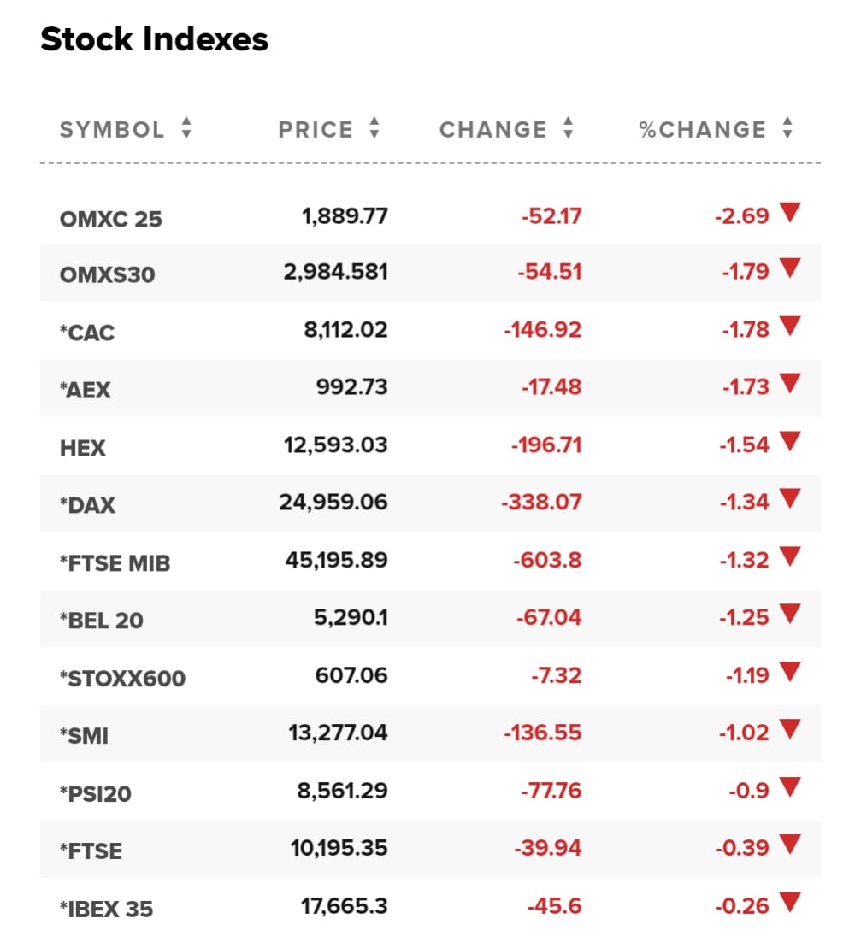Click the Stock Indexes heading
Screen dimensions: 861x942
coord(155,40)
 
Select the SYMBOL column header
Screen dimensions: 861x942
coord(112,130)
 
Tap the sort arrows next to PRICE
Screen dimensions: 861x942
coord(374,128)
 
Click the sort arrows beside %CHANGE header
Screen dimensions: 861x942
coord(787,128)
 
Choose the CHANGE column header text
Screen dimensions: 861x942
coord(493,130)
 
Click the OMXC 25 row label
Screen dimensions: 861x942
coord(111,220)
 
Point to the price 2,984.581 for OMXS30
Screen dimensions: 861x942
coord(336,272)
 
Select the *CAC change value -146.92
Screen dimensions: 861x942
coord(543,329)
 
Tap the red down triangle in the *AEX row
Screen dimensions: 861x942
coord(790,383)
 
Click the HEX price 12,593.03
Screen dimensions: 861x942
coord(336,445)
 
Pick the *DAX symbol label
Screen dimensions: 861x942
coord(88,505)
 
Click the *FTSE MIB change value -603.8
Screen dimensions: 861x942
coord(547,561)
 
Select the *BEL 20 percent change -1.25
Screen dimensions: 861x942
coord(745,617)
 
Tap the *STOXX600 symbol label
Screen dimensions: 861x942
coord(122,678)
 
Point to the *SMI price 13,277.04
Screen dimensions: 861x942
coord(339,733)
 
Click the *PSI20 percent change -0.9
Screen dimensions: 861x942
coord(749,791)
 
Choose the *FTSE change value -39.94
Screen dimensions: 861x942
coord(548,848)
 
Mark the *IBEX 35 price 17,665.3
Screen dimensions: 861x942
coord(345,906)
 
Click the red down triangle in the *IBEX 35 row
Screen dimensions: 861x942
coord(790,902)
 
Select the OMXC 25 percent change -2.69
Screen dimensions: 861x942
coord(742,216)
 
